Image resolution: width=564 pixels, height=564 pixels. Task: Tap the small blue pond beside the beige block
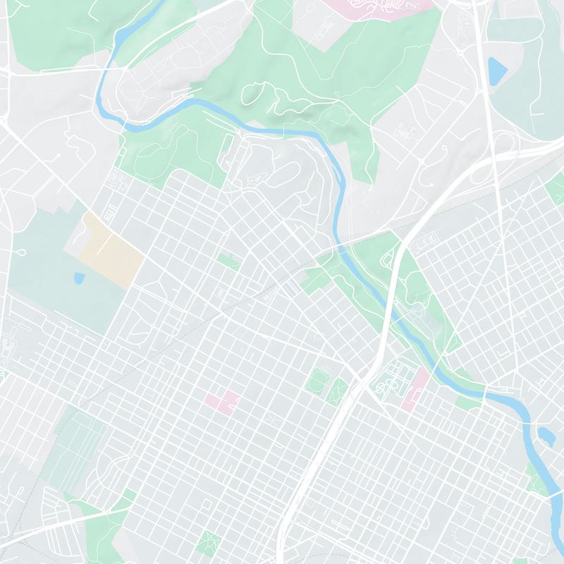[78, 277]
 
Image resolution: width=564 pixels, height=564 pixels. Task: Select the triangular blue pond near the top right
[498, 70]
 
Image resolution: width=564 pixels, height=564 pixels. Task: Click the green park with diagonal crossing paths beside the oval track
[340, 388]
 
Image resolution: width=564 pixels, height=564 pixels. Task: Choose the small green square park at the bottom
[209, 543]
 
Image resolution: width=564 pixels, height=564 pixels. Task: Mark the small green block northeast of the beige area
[228, 262]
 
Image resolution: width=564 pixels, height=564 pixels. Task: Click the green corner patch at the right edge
[556, 187]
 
